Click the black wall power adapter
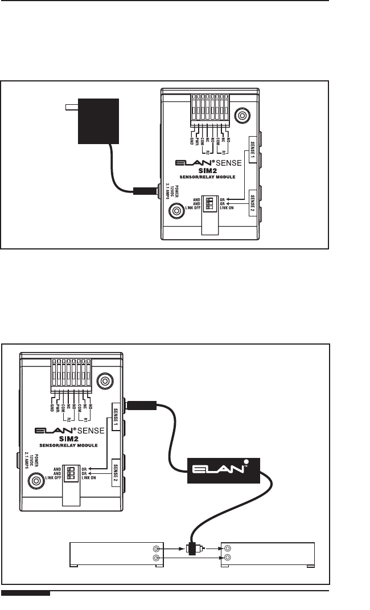pos(98,121)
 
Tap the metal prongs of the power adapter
pos(71,107)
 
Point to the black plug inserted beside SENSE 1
pos(141,406)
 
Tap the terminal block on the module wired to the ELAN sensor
pos(70,376)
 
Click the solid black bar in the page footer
pos(26,595)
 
